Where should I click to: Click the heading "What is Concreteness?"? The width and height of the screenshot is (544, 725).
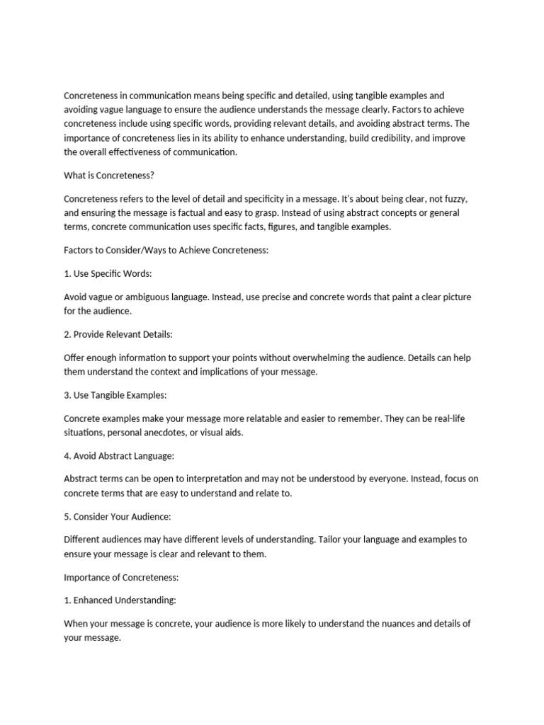[108, 176]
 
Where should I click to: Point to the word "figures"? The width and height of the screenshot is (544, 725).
[304, 227]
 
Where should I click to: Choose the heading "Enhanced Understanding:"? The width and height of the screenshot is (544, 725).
[125, 600]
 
